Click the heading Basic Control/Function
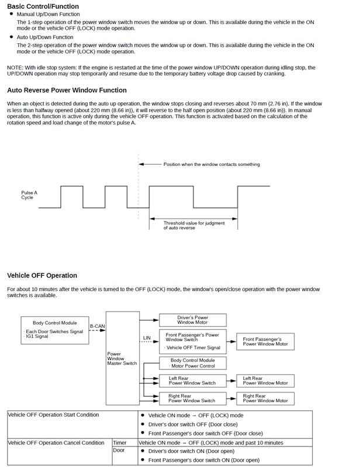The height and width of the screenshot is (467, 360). click(43, 6)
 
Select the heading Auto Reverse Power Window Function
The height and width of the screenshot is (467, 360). click(67, 90)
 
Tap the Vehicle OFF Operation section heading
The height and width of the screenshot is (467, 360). click(42, 275)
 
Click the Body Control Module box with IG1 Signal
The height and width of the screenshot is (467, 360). click(54, 330)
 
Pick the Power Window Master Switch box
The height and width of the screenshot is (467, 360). click(123, 358)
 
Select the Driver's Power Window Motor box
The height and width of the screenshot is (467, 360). click(193, 320)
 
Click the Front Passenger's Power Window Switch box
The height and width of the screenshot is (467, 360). click(193, 341)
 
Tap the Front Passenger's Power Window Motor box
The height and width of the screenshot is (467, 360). click(265, 341)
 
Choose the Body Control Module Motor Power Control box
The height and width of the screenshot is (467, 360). click(193, 363)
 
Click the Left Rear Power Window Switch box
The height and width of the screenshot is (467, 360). click(193, 381)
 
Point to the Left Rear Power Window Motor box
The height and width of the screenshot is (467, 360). click(265, 381)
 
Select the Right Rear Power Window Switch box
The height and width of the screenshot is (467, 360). click(193, 399)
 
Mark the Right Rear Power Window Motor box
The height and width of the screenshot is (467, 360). click(265, 399)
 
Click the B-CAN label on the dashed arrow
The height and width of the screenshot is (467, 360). click(97, 326)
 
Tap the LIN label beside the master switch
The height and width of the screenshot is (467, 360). click(147, 338)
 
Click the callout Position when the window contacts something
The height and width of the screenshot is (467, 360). click(212, 164)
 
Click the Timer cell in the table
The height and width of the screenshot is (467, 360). click(120, 442)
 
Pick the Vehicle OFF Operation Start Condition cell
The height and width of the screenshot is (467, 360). click(53, 414)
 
